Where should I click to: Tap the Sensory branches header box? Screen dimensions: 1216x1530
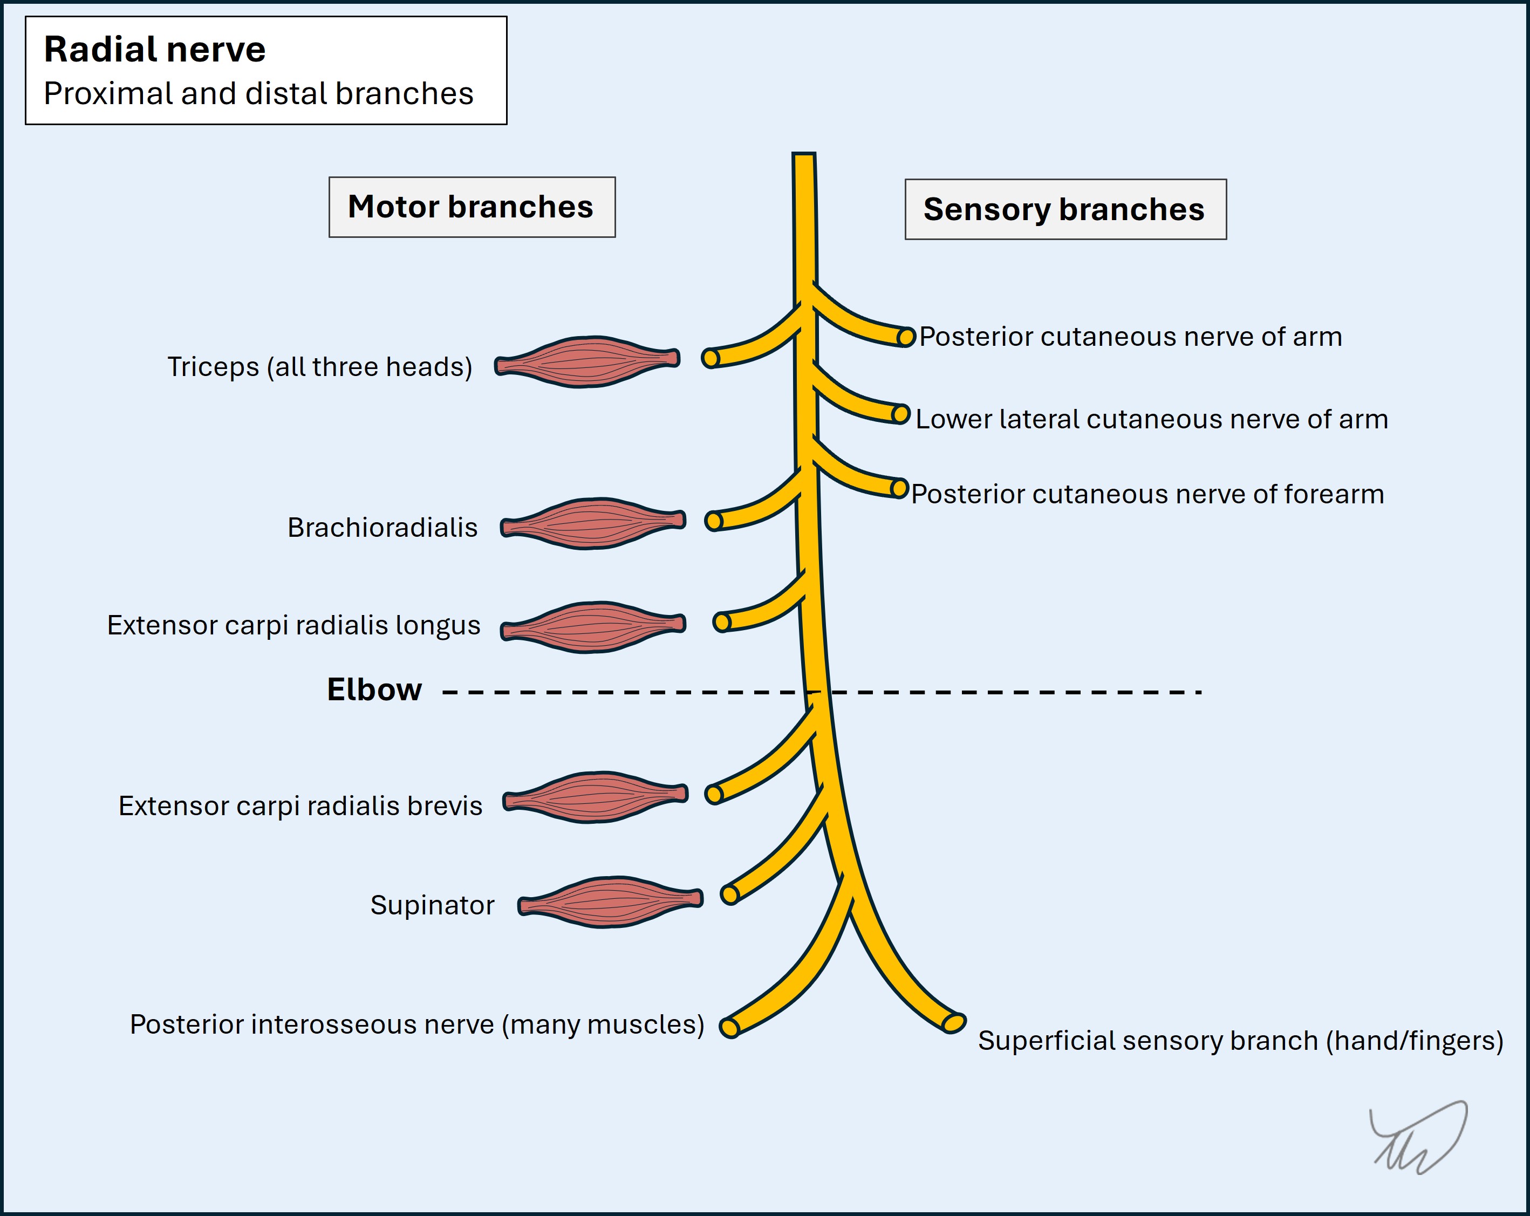click(1064, 210)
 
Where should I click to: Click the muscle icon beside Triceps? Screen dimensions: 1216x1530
click(587, 362)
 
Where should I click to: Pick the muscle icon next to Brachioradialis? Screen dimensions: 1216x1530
click(592, 524)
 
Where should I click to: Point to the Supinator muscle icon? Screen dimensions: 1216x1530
click(610, 901)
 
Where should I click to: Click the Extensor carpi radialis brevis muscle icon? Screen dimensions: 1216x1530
click(596, 797)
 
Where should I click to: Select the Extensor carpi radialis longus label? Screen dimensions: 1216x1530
click(293, 625)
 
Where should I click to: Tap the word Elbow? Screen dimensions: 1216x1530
click(374, 689)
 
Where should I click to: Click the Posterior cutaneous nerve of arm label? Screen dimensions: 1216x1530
click(1130, 337)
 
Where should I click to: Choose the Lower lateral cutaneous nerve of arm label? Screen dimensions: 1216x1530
click(1151, 419)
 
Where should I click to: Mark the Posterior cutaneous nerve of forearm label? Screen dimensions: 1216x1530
click(1147, 495)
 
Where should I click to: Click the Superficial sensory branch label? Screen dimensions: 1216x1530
click(1240, 1041)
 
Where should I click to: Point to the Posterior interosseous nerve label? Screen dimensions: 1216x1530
click(416, 1024)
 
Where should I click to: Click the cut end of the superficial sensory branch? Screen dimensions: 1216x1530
click(953, 1023)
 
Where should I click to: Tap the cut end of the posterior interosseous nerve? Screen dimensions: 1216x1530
click(729, 1027)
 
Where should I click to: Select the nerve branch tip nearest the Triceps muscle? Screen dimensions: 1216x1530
click(711, 358)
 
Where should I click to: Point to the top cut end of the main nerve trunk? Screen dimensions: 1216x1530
click(803, 155)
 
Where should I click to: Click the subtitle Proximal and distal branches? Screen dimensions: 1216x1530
click(258, 94)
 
